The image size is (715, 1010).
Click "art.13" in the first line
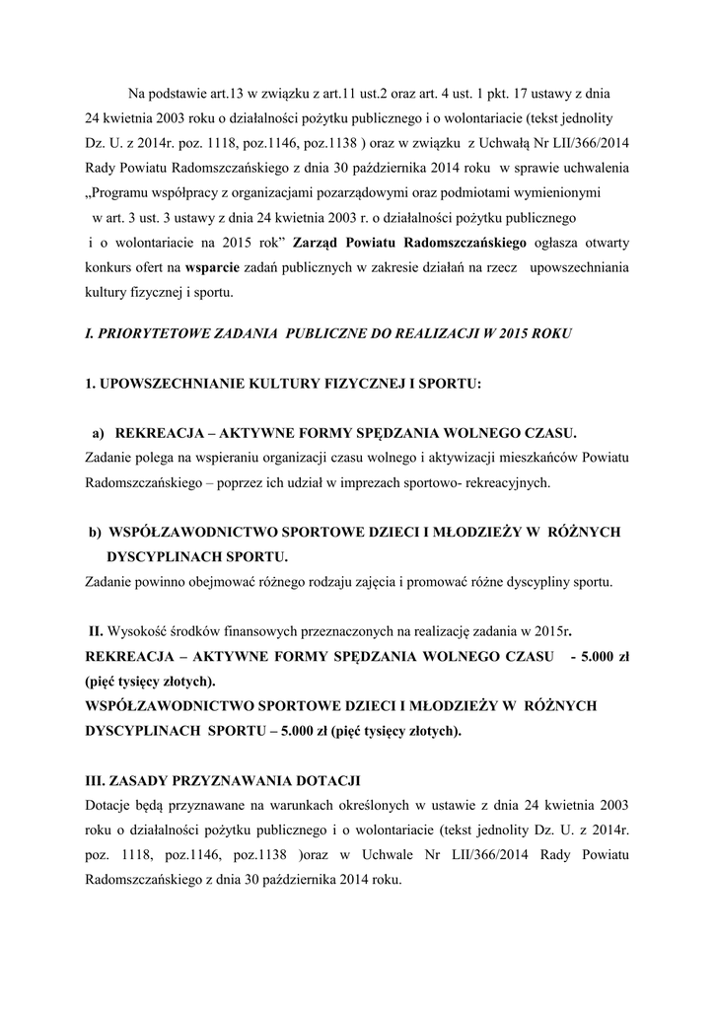tap(225, 96)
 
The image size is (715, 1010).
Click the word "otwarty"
tap(608, 243)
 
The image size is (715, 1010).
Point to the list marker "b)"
tap(95, 532)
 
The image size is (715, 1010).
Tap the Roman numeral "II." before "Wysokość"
tap(97, 630)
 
